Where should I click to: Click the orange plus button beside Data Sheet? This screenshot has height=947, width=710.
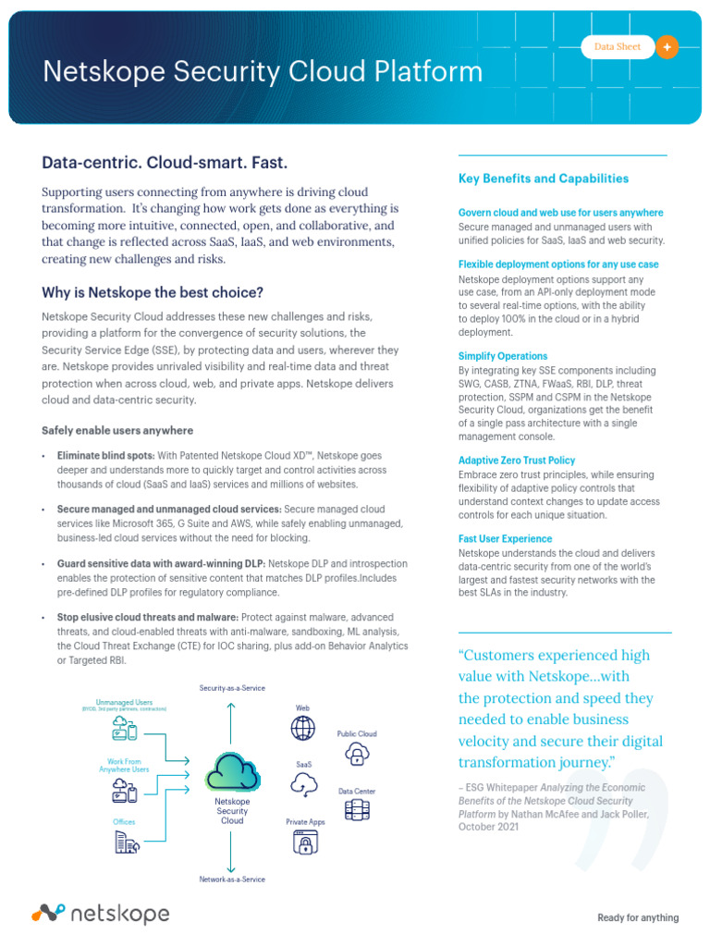click(667, 47)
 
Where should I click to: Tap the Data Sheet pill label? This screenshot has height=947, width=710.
click(617, 47)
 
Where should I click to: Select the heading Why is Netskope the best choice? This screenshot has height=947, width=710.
click(153, 292)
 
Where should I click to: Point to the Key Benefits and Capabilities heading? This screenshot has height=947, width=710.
click(544, 178)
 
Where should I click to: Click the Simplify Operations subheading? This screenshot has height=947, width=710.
click(503, 356)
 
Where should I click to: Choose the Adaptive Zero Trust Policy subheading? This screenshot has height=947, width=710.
click(517, 460)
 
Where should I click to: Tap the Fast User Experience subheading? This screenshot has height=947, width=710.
click(505, 538)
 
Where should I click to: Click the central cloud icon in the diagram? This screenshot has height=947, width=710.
click(231, 771)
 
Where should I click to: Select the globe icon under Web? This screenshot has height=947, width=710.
click(302, 729)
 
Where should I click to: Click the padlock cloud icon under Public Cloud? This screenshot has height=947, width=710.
click(356, 756)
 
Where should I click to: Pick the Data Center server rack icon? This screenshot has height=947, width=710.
click(356, 811)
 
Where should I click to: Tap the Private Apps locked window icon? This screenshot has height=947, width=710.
click(304, 842)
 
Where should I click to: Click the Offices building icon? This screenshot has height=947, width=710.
click(126, 841)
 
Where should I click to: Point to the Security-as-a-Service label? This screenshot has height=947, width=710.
click(231, 688)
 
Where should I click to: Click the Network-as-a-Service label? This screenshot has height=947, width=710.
click(232, 879)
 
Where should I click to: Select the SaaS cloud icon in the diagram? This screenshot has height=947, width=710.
click(303, 785)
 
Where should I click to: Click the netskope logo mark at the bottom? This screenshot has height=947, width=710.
click(48, 914)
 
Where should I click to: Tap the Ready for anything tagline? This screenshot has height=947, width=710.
click(637, 917)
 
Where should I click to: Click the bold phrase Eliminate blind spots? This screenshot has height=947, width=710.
click(104, 456)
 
